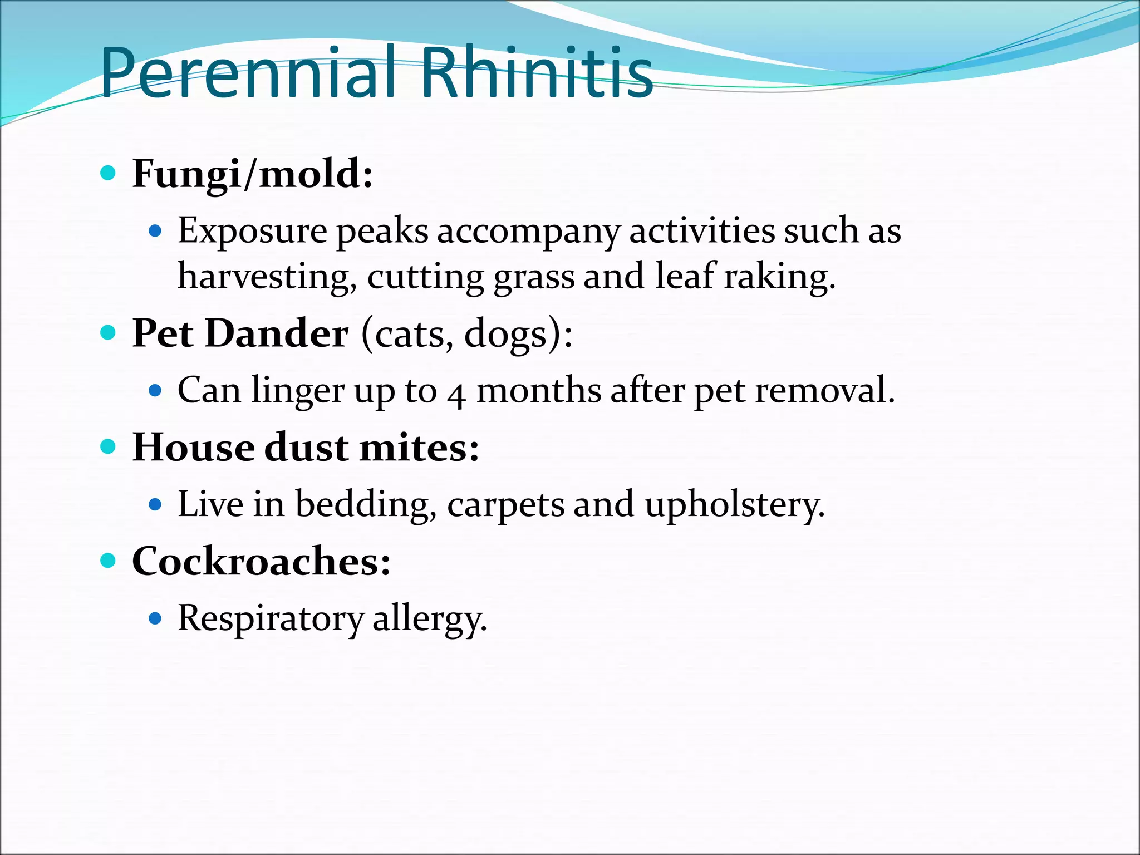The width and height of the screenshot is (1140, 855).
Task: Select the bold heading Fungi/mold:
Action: [x=252, y=174]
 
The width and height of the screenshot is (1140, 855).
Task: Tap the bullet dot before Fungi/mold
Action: [x=108, y=173]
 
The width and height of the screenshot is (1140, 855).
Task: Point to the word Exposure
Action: [x=252, y=231]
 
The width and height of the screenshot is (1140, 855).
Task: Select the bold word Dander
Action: [x=277, y=334]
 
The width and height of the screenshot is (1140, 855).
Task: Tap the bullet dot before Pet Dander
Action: [x=108, y=333]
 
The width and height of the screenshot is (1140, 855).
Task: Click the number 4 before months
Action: [x=456, y=393]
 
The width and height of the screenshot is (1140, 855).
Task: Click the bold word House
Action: [x=193, y=448]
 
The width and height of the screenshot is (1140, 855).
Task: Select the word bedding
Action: [x=366, y=505]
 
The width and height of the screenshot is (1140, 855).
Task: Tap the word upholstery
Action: [x=734, y=505]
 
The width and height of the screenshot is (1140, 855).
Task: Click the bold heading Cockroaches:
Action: [x=261, y=562]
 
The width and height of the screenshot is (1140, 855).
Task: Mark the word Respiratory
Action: [x=270, y=619]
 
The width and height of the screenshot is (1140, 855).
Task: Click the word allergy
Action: [x=429, y=619]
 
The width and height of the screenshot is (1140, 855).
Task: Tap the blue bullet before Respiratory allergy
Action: [x=156, y=618]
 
